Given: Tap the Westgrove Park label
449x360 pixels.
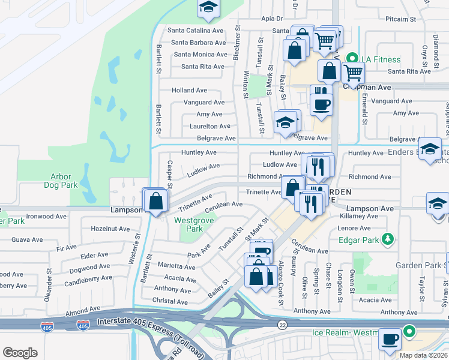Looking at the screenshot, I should (x=188, y=224).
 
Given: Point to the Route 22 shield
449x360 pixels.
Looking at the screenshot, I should (x=282, y=325).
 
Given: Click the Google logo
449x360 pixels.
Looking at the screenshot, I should (x=20, y=353).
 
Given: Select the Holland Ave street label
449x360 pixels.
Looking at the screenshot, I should (x=189, y=90).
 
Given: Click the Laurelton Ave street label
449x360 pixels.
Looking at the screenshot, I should (x=210, y=126).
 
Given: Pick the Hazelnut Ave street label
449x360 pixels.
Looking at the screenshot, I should (x=110, y=229).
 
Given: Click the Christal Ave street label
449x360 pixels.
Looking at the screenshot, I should (x=170, y=302).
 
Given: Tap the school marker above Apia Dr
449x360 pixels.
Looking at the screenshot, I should (x=208, y=7).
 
